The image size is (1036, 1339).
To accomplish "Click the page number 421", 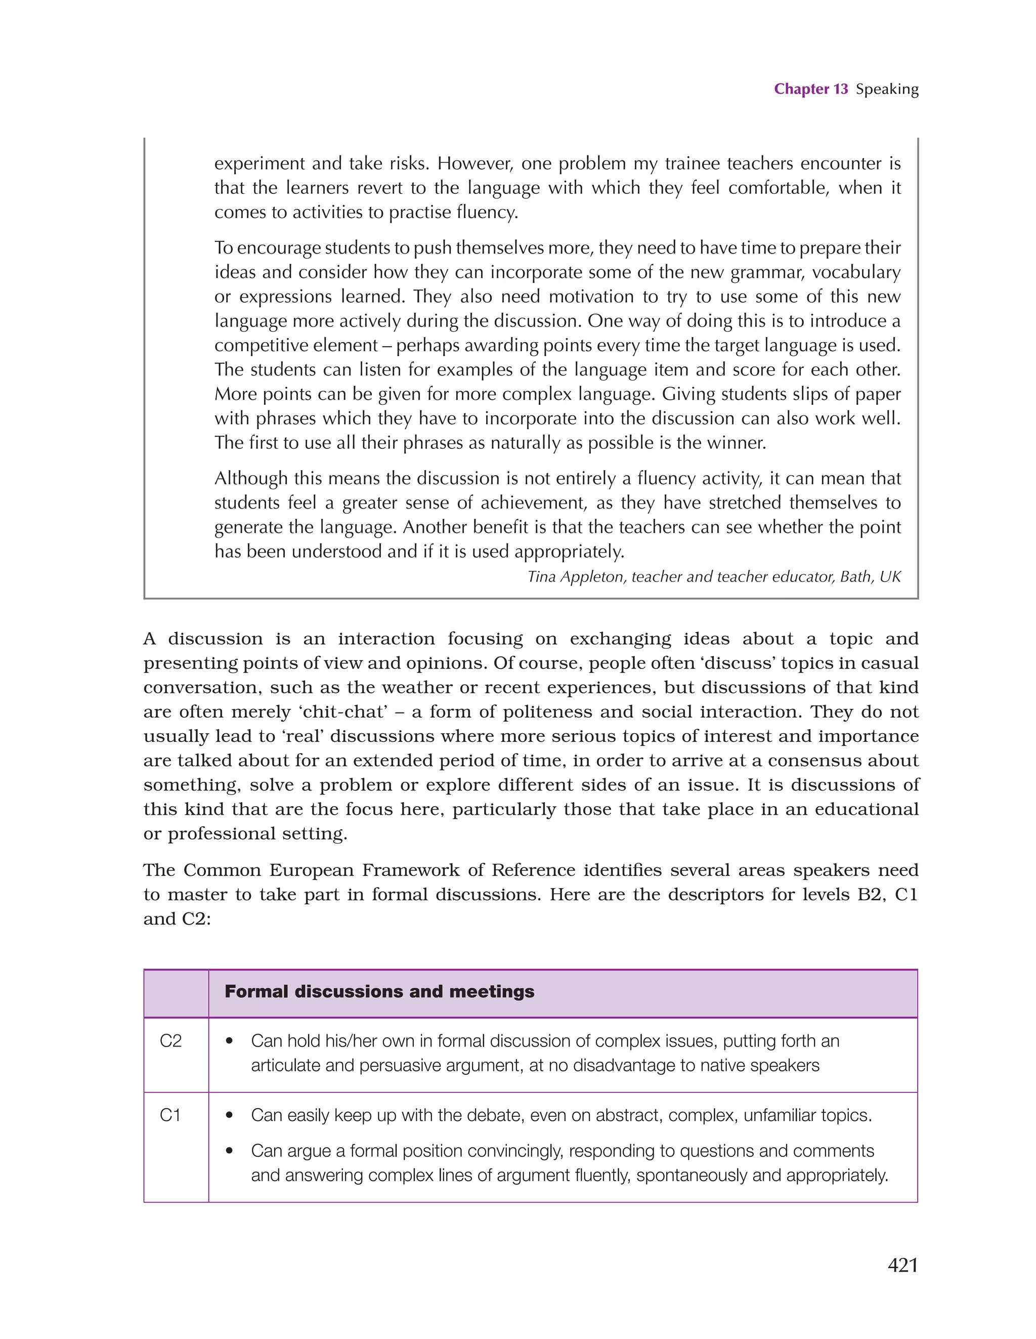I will pos(902,1266).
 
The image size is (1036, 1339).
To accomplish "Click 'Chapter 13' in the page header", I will pos(810,89).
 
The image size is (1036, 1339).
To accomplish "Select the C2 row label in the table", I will pos(170,1041).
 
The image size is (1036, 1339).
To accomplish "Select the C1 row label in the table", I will pos(170,1115).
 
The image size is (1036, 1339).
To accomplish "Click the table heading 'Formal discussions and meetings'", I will pos(379,992).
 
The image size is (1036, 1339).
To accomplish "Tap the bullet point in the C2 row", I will pos(230,1041).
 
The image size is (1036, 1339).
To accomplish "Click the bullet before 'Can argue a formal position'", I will pos(230,1151).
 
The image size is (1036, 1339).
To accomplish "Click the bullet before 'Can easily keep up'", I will pos(230,1115).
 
